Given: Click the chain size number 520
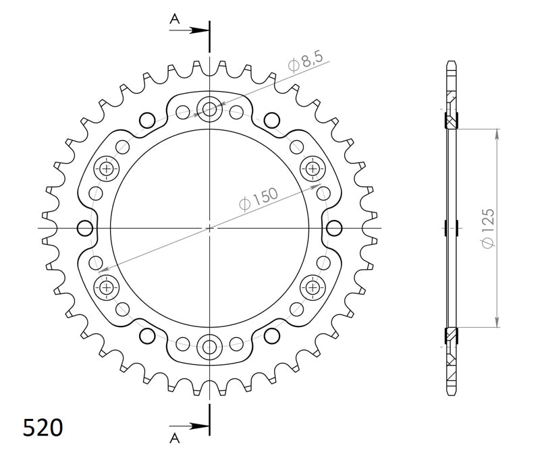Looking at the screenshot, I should click(43, 427).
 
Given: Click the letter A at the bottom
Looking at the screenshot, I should click(175, 438).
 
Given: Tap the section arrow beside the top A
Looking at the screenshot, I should click(198, 30).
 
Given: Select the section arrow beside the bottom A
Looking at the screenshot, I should click(198, 426).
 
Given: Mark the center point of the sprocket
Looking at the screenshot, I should click(209, 227).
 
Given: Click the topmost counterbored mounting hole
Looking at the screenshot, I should click(209, 108).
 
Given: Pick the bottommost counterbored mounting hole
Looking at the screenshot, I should click(209, 347).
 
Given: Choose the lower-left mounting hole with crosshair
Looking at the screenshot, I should click(106, 287).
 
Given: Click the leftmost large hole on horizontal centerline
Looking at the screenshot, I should click(85, 228).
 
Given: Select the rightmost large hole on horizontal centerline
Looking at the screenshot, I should click(333, 228).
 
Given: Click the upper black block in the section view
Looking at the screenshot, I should click(450, 120).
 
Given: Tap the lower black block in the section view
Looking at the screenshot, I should click(450, 335).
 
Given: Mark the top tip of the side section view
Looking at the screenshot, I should click(451, 61).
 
